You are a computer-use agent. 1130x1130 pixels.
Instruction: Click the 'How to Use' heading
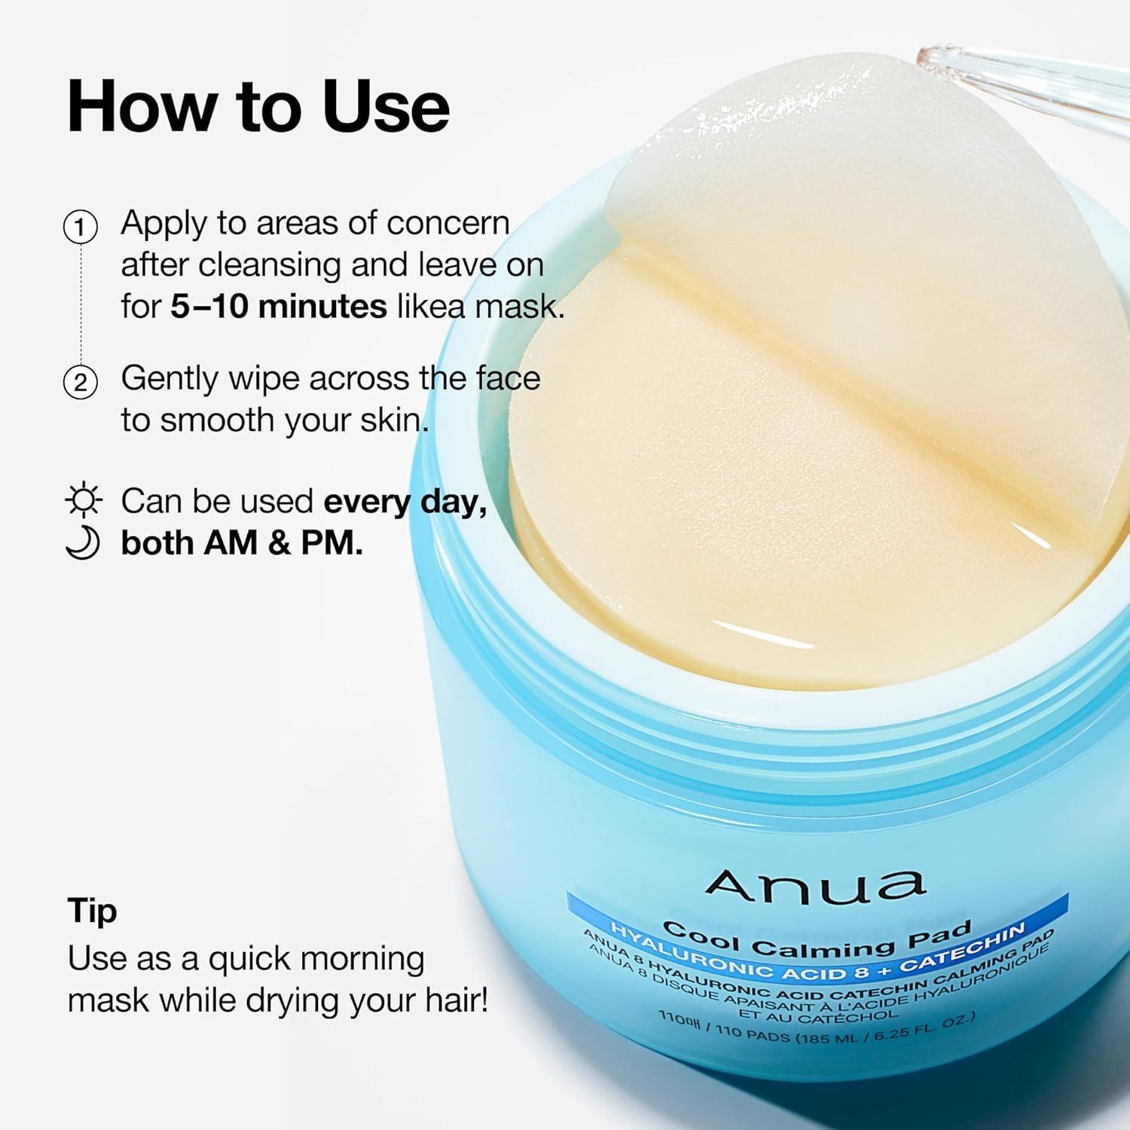tap(258, 107)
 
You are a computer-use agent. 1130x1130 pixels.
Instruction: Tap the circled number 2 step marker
tap(80, 383)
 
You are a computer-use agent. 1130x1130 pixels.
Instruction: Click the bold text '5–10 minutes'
tap(278, 307)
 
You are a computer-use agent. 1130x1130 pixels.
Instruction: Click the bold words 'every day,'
tap(405, 502)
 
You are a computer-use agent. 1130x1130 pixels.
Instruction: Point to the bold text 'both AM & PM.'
tap(242, 543)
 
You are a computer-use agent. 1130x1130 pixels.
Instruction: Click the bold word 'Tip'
tap(92, 911)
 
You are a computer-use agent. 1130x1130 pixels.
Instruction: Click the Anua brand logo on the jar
tap(815, 885)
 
